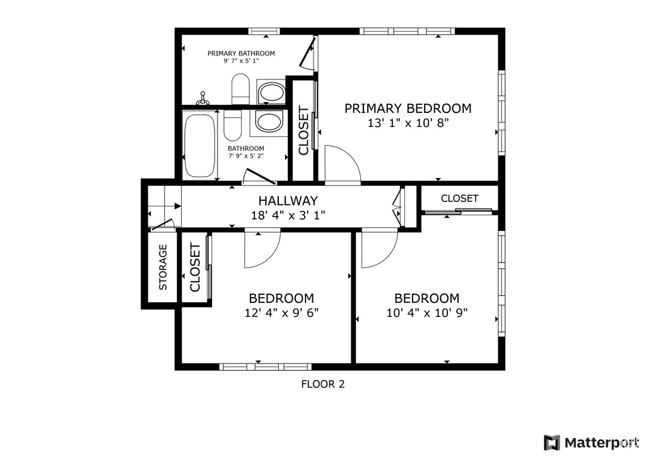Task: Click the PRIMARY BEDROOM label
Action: coord(408,109)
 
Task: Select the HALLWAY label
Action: coord(288,201)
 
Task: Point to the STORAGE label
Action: coord(163,267)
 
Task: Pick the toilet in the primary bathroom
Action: coord(241,89)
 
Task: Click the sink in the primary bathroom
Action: coord(271,93)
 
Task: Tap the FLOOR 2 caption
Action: coord(322,384)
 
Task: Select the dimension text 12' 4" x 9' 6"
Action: coord(281,312)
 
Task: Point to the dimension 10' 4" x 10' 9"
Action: coord(427,312)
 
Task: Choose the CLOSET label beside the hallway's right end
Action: coord(459,198)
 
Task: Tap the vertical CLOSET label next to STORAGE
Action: coord(195,267)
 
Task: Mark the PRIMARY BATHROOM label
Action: coord(241,53)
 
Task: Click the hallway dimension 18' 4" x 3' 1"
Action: coord(288,215)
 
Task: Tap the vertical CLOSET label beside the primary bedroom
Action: coord(303,131)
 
